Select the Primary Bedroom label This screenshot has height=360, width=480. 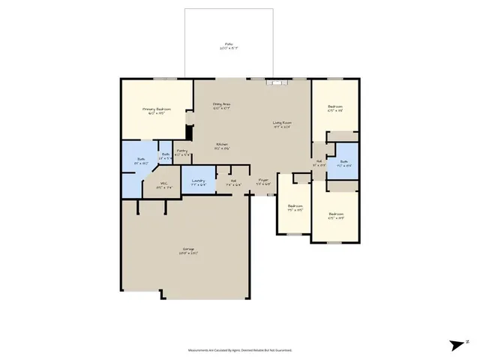click(157, 109)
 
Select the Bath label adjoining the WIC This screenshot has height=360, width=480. click(139, 160)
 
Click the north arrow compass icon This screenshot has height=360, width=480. click(457, 344)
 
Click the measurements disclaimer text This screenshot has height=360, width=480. click(239, 349)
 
